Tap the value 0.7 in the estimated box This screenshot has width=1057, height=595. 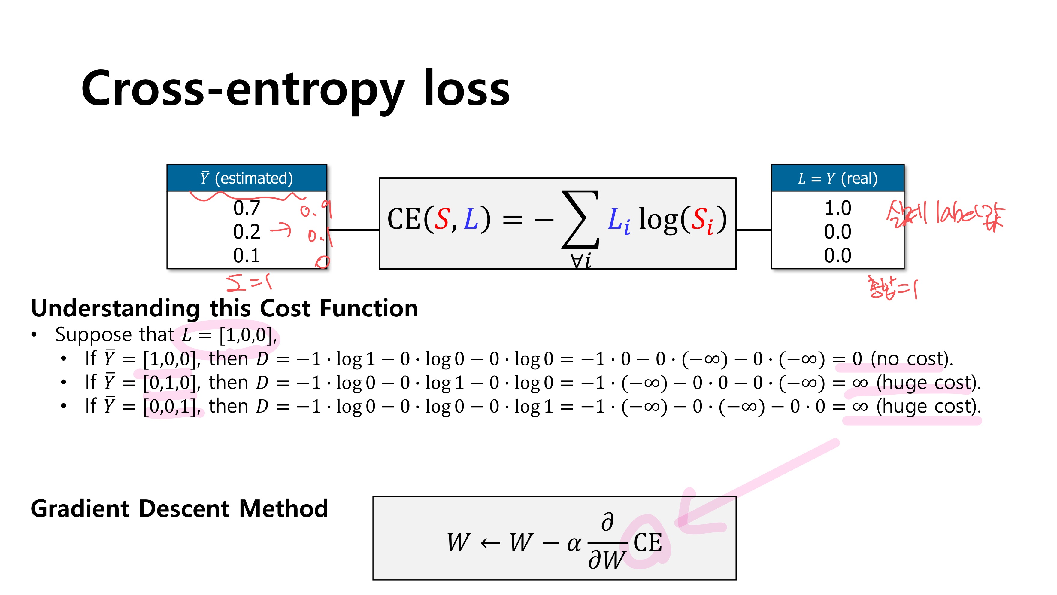[247, 208]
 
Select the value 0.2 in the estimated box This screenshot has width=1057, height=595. [247, 232]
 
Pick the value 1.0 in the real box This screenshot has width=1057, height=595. [837, 208]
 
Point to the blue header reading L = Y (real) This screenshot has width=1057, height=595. [837, 178]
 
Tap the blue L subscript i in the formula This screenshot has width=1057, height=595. [618, 221]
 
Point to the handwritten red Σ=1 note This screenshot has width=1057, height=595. [249, 282]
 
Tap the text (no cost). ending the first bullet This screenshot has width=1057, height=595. [912, 359]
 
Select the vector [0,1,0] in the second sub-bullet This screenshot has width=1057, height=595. [169, 383]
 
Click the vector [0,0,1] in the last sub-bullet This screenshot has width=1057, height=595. [169, 407]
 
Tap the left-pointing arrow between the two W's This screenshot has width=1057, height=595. [490, 544]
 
